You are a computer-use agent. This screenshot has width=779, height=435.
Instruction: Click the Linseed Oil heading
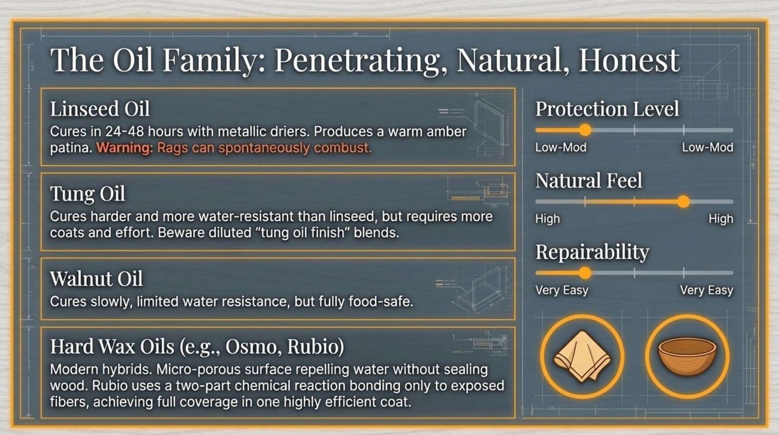click(100, 109)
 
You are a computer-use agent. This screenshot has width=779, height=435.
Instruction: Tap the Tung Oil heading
click(88, 194)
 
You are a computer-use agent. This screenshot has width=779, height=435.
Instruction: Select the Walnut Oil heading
click(96, 279)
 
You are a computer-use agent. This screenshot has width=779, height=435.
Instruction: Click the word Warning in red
click(125, 148)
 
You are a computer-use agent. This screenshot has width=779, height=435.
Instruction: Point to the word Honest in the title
click(629, 60)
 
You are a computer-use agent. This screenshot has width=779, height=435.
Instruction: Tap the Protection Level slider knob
click(585, 130)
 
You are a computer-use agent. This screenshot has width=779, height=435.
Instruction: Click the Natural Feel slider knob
click(684, 202)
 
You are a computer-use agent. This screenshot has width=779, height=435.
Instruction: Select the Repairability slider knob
click(585, 273)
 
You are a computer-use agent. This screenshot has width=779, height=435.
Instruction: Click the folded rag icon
click(582, 356)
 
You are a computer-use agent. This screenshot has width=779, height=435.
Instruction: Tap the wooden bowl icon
click(687, 357)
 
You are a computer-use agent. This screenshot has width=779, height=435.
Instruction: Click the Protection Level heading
click(607, 109)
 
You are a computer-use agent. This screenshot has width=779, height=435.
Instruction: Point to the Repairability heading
click(592, 252)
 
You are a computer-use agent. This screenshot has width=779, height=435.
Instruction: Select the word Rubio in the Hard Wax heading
click(315, 347)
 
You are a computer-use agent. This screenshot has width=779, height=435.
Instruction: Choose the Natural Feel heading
click(589, 181)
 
